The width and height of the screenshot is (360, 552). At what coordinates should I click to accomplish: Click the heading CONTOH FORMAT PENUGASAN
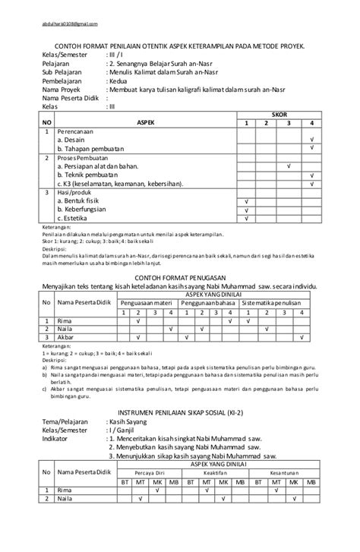click(179, 278)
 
